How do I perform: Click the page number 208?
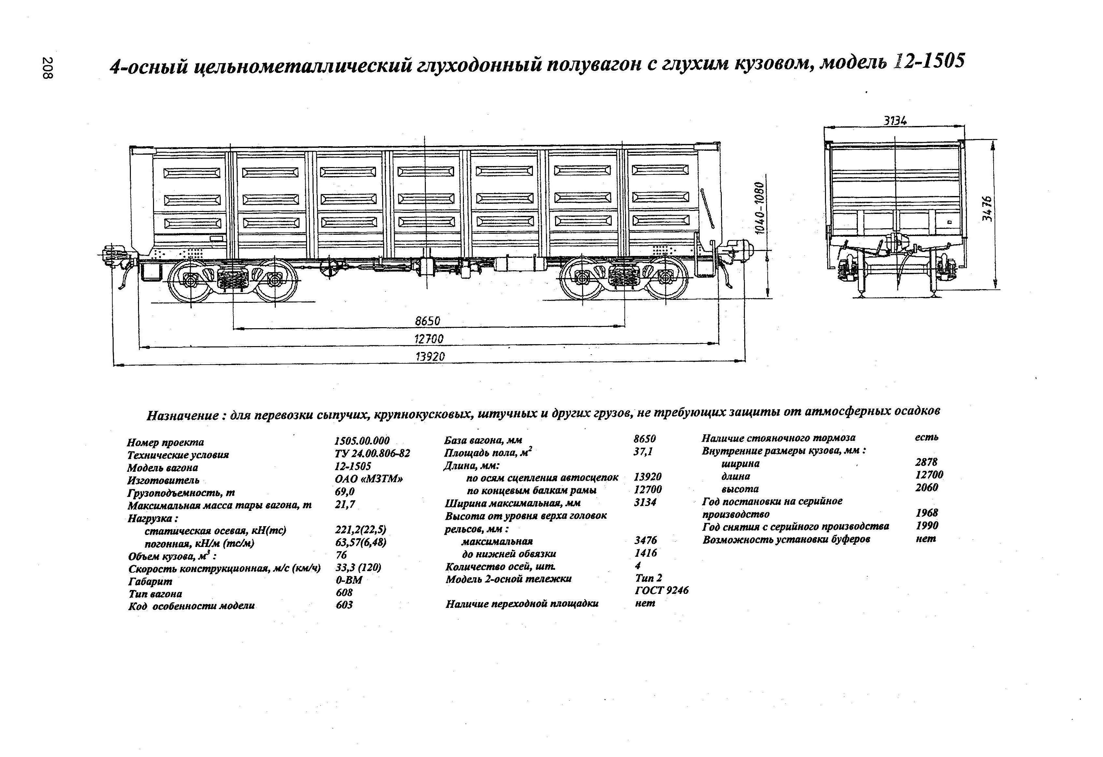pyautogui.click(x=48, y=68)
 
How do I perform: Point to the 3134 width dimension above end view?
pyautogui.click(x=895, y=121)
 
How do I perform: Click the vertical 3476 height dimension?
pyautogui.click(x=987, y=209)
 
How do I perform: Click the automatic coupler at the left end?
pyautogui.click(x=114, y=256)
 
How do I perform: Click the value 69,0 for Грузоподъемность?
pyautogui.click(x=344, y=492)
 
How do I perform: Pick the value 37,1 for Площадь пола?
pyautogui.click(x=643, y=451)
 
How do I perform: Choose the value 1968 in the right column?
pyautogui.click(x=927, y=513)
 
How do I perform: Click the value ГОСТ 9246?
pyautogui.click(x=662, y=590)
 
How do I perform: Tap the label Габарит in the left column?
pyautogui.click(x=150, y=581)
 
